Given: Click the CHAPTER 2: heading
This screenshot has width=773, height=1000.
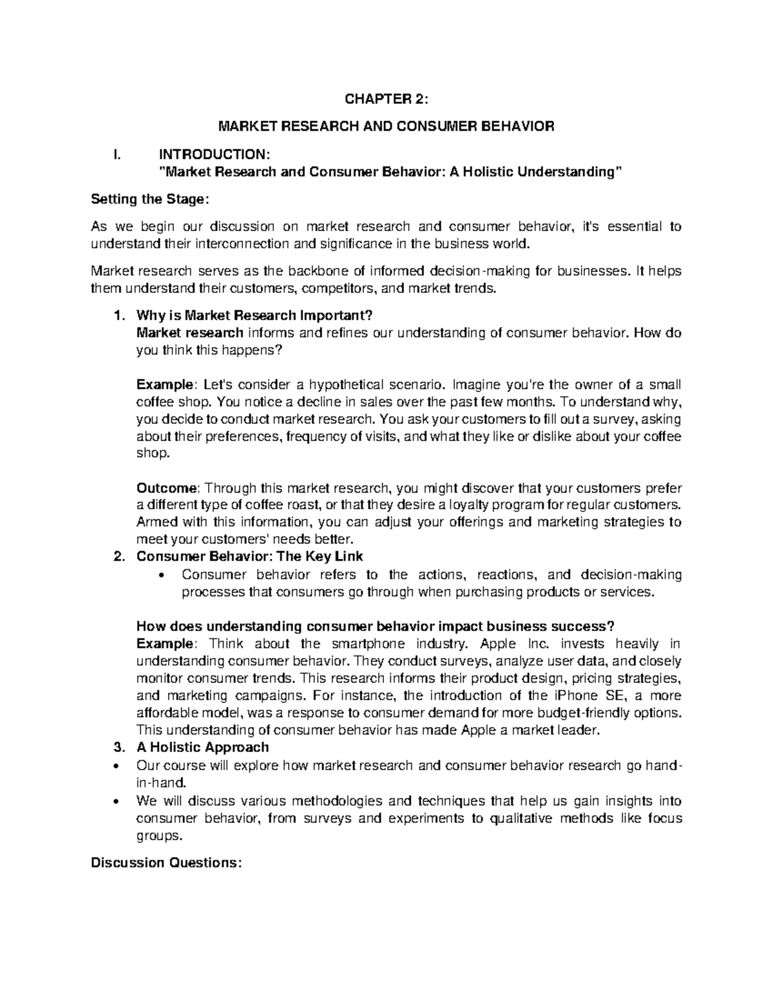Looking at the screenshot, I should [386, 99].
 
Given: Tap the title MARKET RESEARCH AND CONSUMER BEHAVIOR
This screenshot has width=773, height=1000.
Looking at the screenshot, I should [386, 127].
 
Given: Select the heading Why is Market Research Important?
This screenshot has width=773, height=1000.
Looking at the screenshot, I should [254, 316].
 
